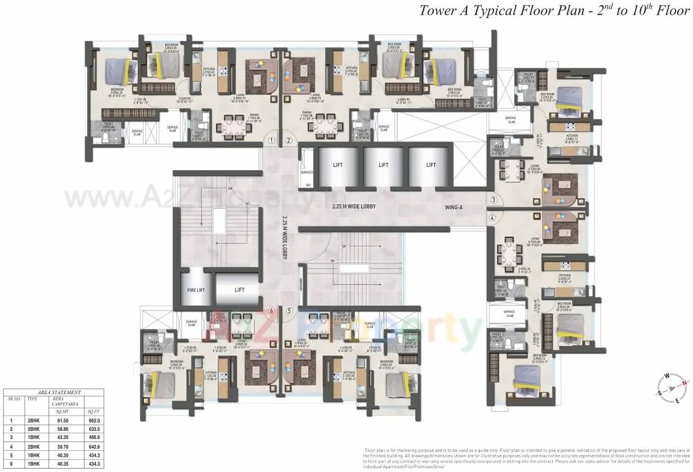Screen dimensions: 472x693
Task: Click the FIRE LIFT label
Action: click(194, 290)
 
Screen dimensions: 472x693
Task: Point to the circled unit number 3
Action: click(493, 200)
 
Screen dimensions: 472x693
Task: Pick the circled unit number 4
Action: click(493, 218)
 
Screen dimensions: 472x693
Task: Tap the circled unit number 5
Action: click(289, 310)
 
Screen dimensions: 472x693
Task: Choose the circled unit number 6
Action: click(272, 310)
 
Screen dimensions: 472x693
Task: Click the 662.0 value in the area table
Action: click(94, 420)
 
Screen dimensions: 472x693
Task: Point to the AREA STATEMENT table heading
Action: click(59, 392)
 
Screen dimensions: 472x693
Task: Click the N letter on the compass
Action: click(685, 383)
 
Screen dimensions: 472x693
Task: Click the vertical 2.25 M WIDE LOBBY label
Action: click(285, 237)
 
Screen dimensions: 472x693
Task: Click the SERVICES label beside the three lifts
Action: click(306, 173)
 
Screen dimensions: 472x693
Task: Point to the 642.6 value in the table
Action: click(94, 445)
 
